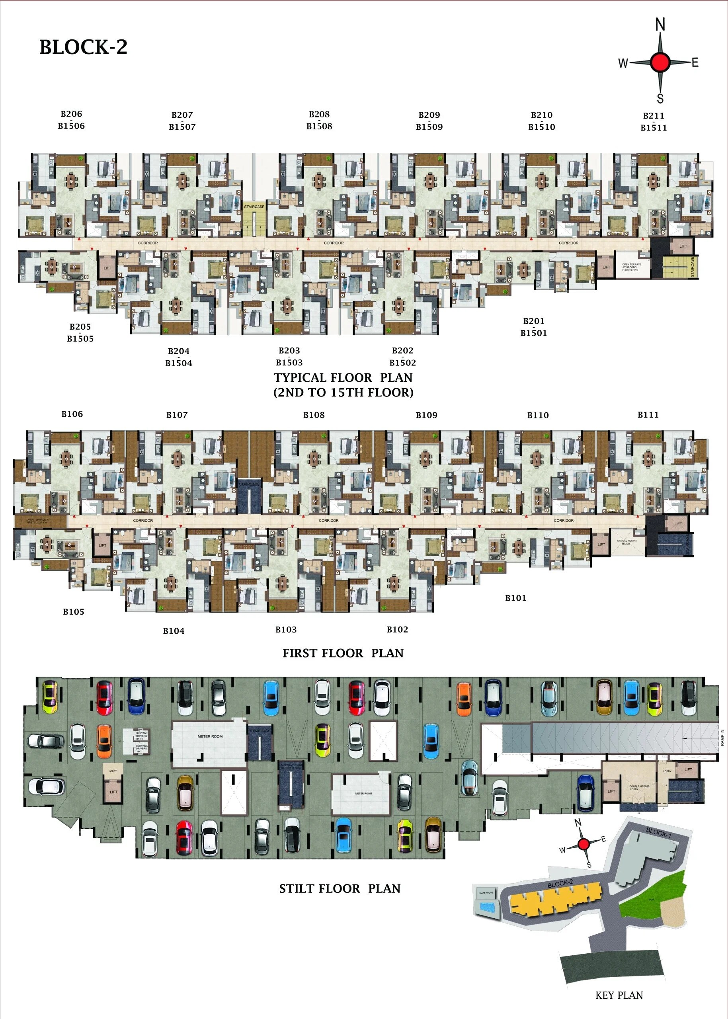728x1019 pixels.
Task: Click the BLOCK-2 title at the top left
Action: click(83, 47)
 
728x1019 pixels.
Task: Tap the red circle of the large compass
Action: click(660, 62)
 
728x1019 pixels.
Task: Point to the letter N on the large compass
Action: click(660, 25)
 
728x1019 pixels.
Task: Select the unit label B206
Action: click(71, 114)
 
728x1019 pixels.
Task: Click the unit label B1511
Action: click(654, 128)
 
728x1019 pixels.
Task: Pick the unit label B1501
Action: click(533, 333)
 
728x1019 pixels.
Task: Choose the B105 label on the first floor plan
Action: click(74, 611)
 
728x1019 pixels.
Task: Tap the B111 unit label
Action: click(648, 415)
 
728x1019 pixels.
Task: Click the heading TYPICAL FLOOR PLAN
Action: click(343, 377)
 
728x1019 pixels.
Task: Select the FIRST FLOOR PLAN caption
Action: click(343, 653)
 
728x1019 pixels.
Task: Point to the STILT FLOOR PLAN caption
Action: click(340, 888)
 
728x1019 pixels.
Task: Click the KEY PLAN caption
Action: click(619, 995)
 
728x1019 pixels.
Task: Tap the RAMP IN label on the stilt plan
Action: click(722, 738)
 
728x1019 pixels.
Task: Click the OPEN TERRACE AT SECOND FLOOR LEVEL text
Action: click(631, 267)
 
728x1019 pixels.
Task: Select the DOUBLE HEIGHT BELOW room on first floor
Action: click(627, 542)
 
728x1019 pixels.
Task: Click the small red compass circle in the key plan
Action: click(583, 844)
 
